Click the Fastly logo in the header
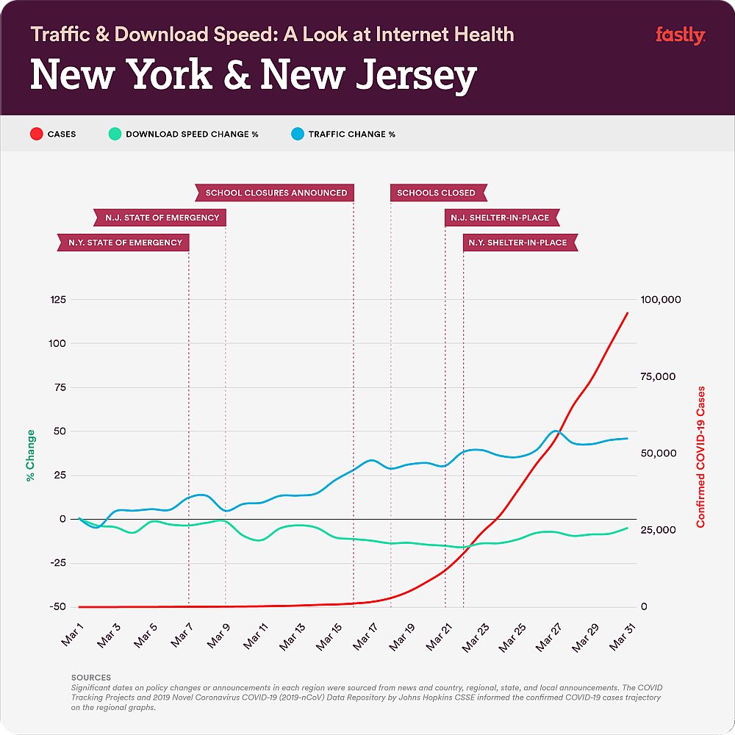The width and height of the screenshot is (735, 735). pos(680,35)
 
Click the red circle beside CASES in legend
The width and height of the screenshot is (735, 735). pos(35,135)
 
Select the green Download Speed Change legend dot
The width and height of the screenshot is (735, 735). pos(113,135)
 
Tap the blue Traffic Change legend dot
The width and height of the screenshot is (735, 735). pos(295,135)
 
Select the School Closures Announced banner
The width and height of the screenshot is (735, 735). pos(276,193)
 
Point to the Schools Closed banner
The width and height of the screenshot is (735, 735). pos(437,193)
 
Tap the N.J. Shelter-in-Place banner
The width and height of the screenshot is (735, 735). pos(500,218)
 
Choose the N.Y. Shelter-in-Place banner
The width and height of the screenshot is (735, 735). pos(518,243)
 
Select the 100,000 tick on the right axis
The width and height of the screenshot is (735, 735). pos(661,300)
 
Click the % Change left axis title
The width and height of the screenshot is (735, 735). pos(30,456)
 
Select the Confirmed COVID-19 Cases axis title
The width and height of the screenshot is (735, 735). pos(700,456)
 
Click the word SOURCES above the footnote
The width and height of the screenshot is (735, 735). pos(90,678)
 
